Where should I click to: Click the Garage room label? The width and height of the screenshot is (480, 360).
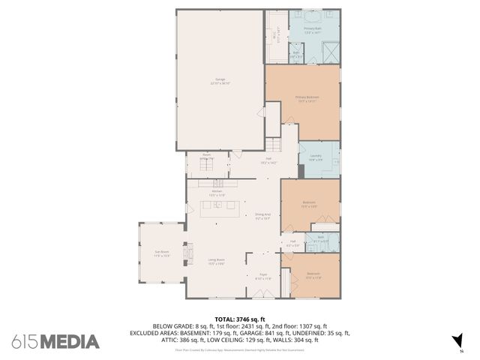(220, 82)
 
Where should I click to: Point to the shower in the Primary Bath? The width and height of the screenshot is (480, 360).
(330, 52)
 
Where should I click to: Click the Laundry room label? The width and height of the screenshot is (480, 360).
(316, 157)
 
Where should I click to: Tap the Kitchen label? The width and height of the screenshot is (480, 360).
(217, 193)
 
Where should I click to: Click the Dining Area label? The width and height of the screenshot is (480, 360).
(262, 216)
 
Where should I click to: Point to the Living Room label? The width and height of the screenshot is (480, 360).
(217, 261)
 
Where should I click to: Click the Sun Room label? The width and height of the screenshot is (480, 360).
(162, 253)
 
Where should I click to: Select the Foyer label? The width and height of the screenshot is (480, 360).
(263, 276)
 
